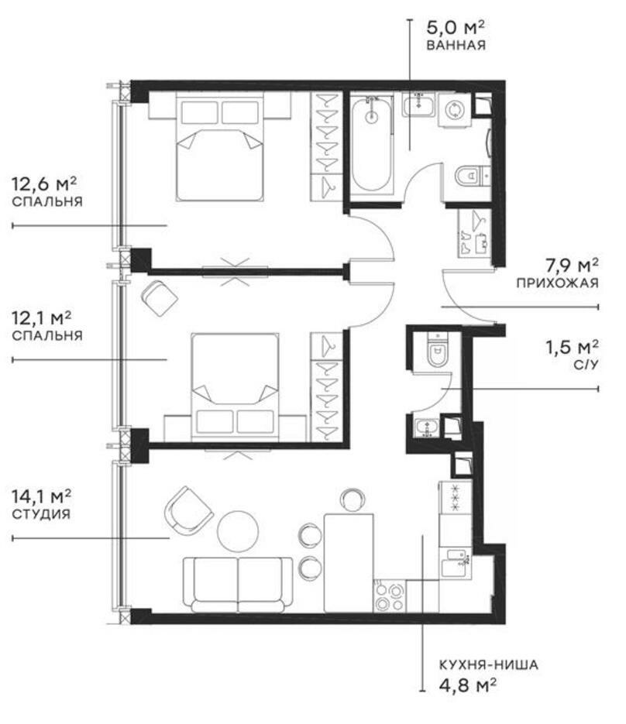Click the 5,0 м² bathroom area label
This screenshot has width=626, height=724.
click(x=455, y=27)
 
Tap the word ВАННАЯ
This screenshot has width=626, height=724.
click(x=456, y=45)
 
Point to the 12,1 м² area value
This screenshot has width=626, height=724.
click(x=42, y=317)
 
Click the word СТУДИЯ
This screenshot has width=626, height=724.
click(x=41, y=514)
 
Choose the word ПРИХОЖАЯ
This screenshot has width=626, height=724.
click(x=557, y=283)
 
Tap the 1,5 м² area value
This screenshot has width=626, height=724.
click(x=573, y=347)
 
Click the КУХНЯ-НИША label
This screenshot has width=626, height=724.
click(x=488, y=665)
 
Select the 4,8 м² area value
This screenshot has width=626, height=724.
click(x=467, y=685)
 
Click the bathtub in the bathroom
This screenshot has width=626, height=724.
click(x=371, y=145)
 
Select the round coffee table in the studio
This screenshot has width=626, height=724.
click(x=238, y=530)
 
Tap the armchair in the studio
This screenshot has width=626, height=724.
click(x=188, y=510)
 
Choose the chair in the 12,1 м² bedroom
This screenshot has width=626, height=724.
click(x=160, y=298)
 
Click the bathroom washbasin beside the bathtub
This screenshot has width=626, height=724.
click(x=418, y=105)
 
